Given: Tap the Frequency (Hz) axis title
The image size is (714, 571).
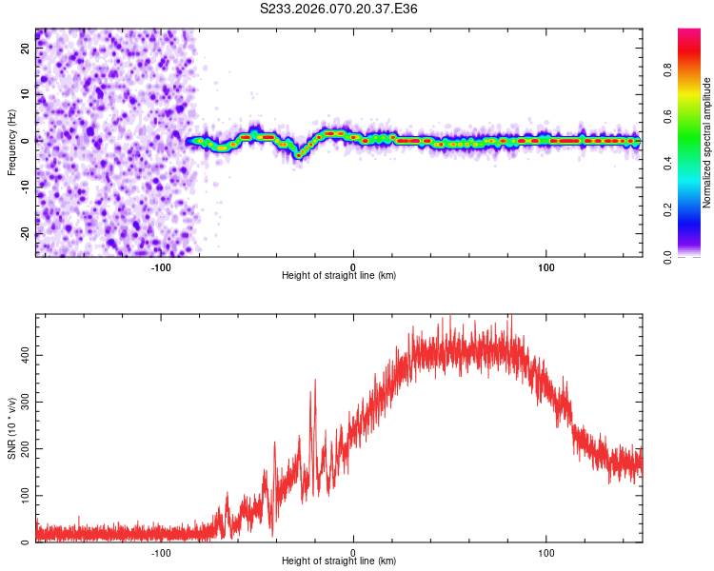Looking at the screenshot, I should point(12,142).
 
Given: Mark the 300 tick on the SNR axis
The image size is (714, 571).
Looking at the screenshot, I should point(21,403).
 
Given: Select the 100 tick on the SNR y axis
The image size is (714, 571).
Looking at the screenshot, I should point(21,496).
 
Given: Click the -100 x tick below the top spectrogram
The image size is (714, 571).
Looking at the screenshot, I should point(160,267).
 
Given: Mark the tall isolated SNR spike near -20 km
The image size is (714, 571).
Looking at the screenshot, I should point(314,381).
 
